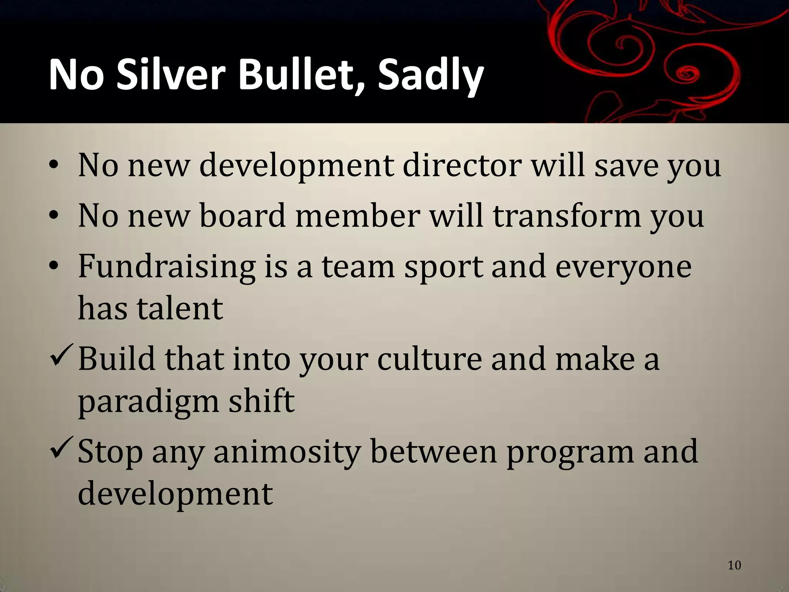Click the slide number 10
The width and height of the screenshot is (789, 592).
pyautogui.click(x=734, y=565)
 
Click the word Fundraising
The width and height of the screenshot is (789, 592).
pyautogui.click(x=166, y=267)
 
